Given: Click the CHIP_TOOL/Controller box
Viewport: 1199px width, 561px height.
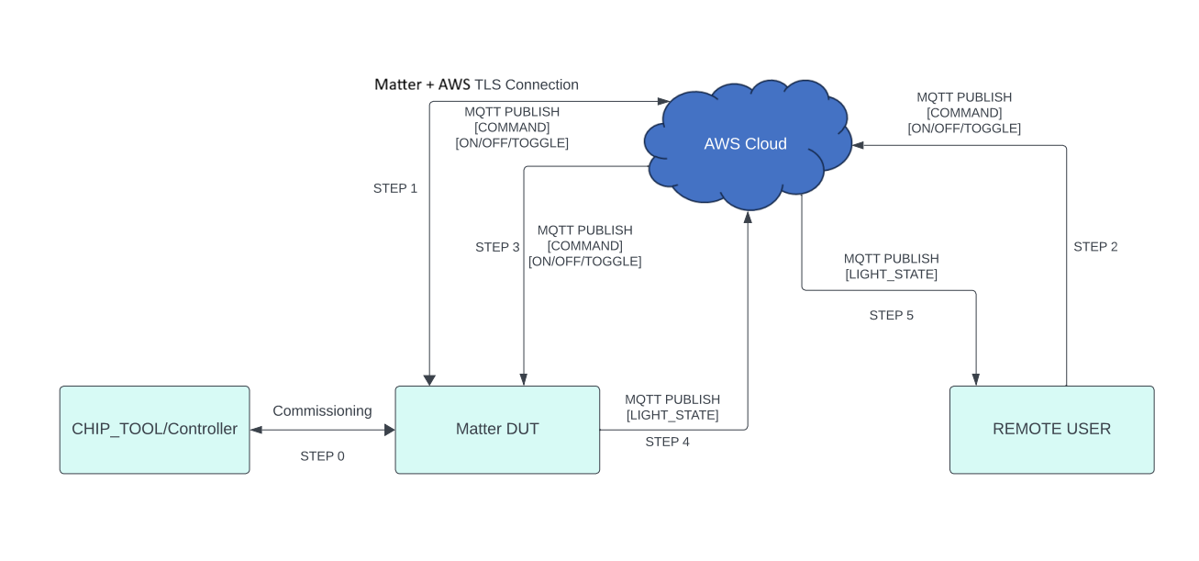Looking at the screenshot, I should tap(154, 430).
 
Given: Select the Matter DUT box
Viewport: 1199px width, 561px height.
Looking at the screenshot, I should tap(497, 430).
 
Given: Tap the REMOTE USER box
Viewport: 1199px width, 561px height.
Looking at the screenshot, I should tap(1051, 430).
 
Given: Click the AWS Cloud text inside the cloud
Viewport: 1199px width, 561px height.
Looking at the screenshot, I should tap(745, 144).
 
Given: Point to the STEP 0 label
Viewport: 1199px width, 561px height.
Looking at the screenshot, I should tap(322, 456).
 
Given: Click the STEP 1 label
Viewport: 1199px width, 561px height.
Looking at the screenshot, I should tap(395, 188).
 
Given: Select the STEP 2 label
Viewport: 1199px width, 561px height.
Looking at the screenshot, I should tap(1095, 247).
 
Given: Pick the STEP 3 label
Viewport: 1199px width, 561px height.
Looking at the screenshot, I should tap(497, 247).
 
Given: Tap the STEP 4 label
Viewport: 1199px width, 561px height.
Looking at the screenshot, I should tap(667, 442).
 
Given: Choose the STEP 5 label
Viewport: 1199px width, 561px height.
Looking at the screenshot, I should tap(891, 316).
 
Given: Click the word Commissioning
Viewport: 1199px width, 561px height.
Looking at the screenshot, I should tap(322, 411).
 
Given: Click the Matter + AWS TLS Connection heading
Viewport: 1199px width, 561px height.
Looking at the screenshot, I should tap(476, 84).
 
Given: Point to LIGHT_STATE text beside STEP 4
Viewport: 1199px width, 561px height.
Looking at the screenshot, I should tap(672, 415).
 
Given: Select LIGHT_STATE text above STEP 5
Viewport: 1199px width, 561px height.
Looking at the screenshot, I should tap(891, 275).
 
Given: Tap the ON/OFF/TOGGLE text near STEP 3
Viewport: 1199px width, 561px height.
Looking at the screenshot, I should tap(584, 262).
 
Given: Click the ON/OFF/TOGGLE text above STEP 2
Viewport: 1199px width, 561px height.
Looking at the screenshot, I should tap(964, 129).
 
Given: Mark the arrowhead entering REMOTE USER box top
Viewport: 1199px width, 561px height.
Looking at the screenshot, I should tap(975, 379).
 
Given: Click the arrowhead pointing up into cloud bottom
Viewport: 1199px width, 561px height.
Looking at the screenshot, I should tap(748, 217).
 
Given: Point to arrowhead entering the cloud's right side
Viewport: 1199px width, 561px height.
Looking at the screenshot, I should tap(859, 145).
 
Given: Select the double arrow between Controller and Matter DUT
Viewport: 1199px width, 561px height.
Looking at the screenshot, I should tap(322, 430).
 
